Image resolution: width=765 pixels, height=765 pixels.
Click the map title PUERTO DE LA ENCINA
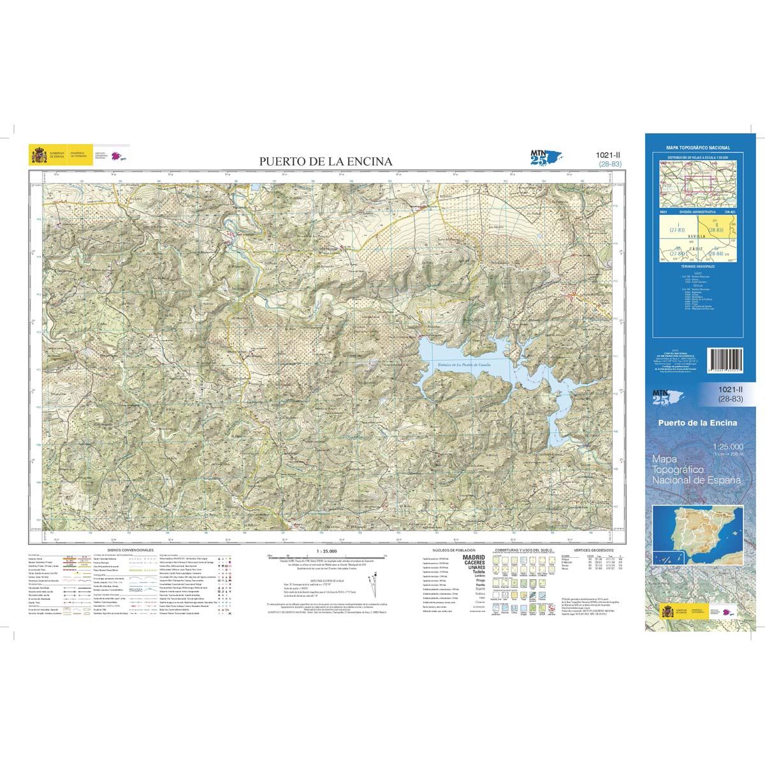[x=325, y=161]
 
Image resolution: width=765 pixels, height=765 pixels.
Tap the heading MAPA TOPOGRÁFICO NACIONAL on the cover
[x=697, y=147]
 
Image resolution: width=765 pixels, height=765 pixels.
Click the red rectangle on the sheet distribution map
[x=695, y=184]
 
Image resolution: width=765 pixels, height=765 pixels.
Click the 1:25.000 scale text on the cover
[x=725, y=446]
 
